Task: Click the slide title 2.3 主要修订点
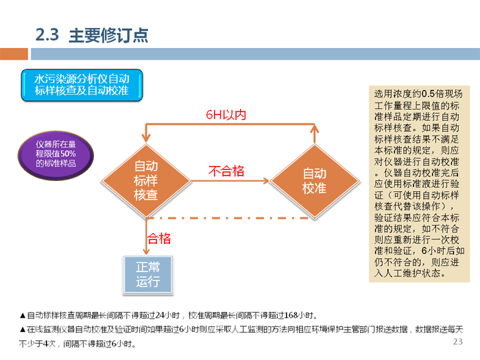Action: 91,36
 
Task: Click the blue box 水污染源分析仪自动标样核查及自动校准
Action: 82,84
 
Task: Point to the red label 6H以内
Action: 226,115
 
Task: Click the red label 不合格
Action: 226,171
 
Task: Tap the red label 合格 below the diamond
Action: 159,239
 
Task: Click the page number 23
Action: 458,342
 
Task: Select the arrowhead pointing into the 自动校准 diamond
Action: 265,180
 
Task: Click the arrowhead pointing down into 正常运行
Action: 145,252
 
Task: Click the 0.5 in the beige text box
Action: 431,94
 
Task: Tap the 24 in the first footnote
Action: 162,316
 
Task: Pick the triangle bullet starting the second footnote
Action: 23,330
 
